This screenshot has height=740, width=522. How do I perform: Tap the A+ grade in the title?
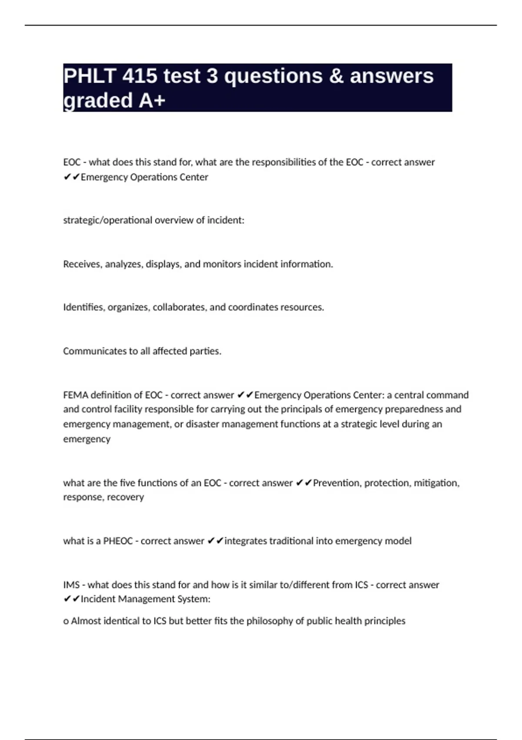[x=152, y=101]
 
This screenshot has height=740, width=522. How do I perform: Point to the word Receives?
[x=83, y=264]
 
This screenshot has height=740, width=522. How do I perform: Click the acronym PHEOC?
[x=118, y=541]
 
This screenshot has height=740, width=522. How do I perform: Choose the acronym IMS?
[x=71, y=585]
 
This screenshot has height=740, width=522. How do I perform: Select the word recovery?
[x=125, y=497]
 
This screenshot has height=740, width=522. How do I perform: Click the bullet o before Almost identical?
[x=66, y=621]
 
